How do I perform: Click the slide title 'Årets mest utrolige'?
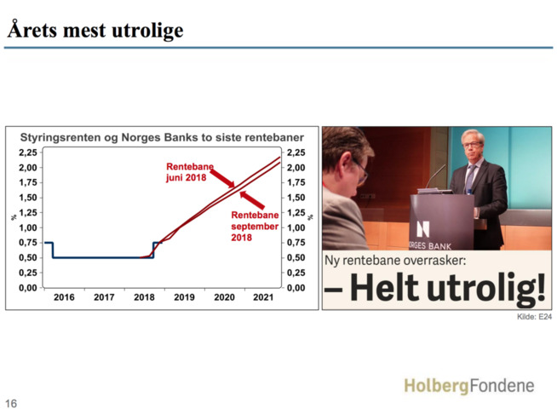pyautogui.click(x=95, y=30)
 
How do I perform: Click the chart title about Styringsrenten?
pyautogui.click(x=162, y=137)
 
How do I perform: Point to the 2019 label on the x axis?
pyautogui.click(x=184, y=297)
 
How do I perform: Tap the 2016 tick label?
pyautogui.click(x=64, y=297)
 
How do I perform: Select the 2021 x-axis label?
pyautogui.click(x=263, y=297)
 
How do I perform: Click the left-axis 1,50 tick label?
pyautogui.click(x=28, y=198)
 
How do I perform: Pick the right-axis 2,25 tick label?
pyautogui.click(x=296, y=152)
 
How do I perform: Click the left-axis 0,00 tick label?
pyautogui.click(x=28, y=288)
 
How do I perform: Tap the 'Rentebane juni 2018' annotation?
pyautogui.click(x=190, y=172)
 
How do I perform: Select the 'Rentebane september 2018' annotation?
pyautogui.click(x=255, y=226)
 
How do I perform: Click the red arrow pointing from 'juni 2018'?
pyautogui.click(x=222, y=178)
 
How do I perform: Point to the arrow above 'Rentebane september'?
pyautogui.click(x=252, y=200)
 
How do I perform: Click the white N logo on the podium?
pyautogui.click(x=422, y=229)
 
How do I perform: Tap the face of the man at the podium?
pyautogui.click(x=472, y=147)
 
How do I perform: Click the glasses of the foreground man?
pyautogui.click(x=361, y=170)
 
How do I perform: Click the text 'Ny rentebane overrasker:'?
pyautogui.click(x=395, y=261)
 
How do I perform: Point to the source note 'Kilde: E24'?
pyautogui.click(x=534, y=316)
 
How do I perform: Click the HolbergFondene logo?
pyautogui.click(x=469, y=386)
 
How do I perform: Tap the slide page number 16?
pyautogui.click(x=11, y=403)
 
